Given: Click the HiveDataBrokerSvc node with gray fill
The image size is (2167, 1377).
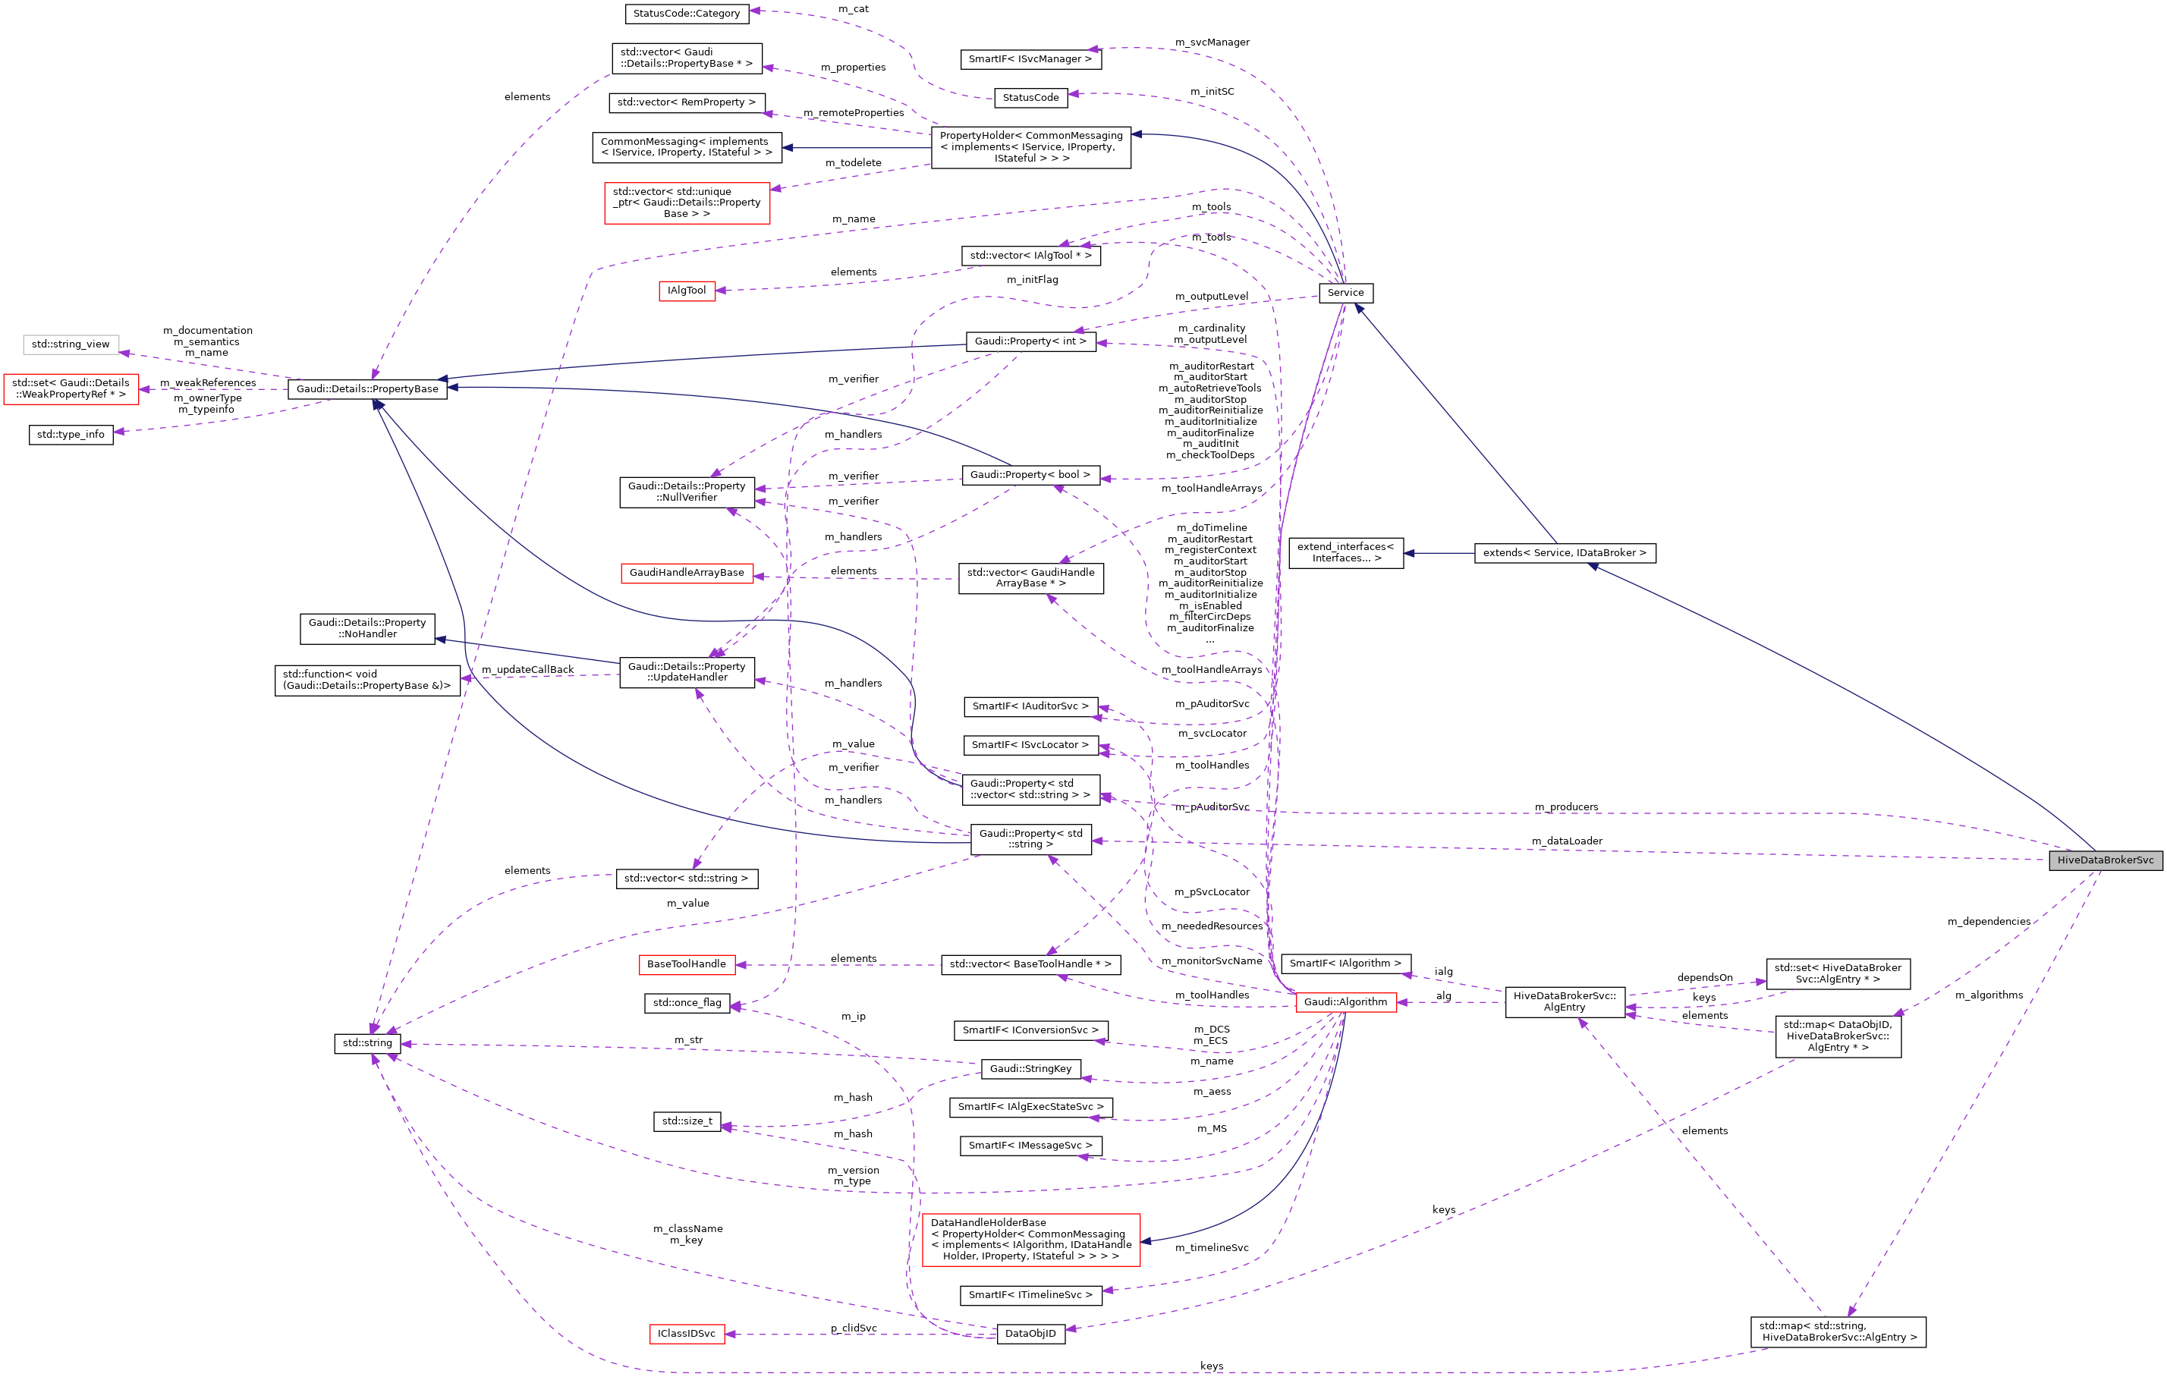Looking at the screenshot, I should [x=2105, y=860].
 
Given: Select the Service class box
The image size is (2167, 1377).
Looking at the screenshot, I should [x=1345, y=293].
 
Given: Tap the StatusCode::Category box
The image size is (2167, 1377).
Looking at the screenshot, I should [x=686, y=14].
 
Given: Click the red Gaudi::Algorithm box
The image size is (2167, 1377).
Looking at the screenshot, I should [x=1345, y=1001].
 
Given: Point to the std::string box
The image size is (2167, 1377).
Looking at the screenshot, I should [x=367, y=1043].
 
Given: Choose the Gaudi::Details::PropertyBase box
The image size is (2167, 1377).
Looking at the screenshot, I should [x=367, y=388].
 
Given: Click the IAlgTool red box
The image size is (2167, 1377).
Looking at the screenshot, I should [x=687, y=291].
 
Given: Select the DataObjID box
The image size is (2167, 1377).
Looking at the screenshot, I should [x=1030, y=1333].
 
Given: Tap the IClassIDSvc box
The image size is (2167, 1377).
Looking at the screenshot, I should [x=686, y=1333].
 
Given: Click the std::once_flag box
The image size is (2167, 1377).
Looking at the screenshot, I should [x=687, y=1003].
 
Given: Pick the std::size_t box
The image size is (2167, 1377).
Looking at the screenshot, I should [x=687, y=1121].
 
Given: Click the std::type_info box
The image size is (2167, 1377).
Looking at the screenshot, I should [x=71, y=435].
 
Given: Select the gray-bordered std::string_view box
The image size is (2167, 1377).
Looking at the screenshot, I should [x=71, y=344].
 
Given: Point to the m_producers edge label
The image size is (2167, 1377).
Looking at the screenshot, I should [x=1566, y=806].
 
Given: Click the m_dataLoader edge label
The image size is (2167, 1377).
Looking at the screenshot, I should [x=1567, y=841].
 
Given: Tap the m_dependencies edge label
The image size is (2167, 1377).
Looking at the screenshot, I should [x=1989, y=921].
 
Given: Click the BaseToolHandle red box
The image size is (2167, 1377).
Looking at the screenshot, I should [x=686, y=964].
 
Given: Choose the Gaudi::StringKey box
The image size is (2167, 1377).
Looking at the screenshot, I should [x=1030, y=1068].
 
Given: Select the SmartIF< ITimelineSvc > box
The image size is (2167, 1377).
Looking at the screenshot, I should [x=1030, y=1294].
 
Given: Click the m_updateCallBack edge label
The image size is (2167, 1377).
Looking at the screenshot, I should [x=527, y=670].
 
